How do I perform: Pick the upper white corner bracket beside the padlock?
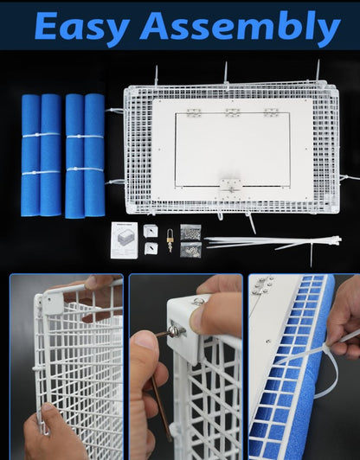click(x=151, y=231)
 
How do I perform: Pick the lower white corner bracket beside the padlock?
click(x=151, y=248)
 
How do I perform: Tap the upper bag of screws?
click(x=191, y=232)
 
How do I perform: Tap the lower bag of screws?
click(x=191, y=249)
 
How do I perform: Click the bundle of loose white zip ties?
click(x=260, y=241)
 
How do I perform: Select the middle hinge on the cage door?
click(x=232, y=112)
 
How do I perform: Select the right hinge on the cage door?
click(x=271, y=112)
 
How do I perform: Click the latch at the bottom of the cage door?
click(x=230, y=183)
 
